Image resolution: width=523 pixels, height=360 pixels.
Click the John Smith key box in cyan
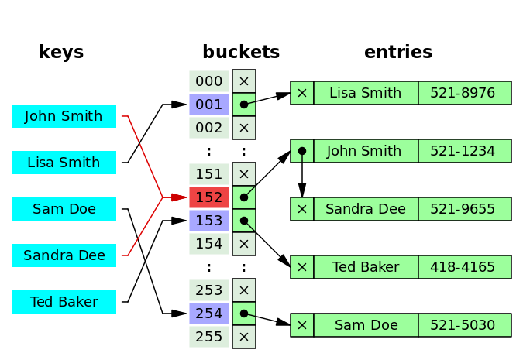tap(64, 116)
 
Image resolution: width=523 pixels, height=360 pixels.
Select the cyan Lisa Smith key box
tap(64, 163)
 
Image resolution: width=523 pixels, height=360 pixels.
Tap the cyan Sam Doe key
tap(64, 209)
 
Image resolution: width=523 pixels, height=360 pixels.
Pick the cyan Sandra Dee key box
tap(64, 255)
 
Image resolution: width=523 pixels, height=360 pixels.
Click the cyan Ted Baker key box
tap(64, 302)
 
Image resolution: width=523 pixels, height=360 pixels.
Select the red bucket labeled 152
tap(209, 197)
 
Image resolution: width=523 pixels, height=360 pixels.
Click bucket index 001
tap(209, 105)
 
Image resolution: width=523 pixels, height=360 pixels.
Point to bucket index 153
tap(209, 221)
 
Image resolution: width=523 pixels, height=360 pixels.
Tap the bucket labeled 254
tap(209, 314)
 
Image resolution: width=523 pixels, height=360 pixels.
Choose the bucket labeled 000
tap(209, 81)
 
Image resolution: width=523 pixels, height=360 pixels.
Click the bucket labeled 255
tap(209, 337)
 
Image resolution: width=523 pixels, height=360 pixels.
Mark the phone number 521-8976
tap(464, 93)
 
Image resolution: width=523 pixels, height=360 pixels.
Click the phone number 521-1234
tap(464, 151)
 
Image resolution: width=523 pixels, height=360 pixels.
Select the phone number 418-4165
tap(464, 267)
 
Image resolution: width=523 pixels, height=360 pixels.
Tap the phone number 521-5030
tap(464, 325)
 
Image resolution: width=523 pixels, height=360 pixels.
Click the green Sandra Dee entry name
tap(366, 209)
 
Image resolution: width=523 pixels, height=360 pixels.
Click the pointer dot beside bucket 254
tap(243, 314)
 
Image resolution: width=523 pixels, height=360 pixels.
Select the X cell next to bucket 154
tap(244, 244)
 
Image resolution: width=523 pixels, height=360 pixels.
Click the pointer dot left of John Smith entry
tap(302, 151)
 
